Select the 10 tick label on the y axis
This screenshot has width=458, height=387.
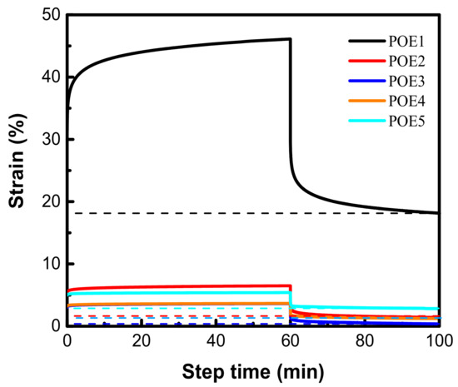pyautogui.click(x=48, y=264)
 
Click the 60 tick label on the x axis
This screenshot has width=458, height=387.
pyautogui.click(x=290, y=340)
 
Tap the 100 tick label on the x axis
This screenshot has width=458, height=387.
pyautogui.click(x=438, y=340)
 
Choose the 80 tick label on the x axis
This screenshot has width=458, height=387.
pyautogui.click(x=365, y=340)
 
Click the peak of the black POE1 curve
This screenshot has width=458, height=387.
pyautogui.click(x=288, y=39)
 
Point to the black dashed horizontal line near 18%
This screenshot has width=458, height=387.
pyautogui.click(x=208, y=213)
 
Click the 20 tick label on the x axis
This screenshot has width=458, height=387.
pyautogui.click(x=142, y=340)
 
